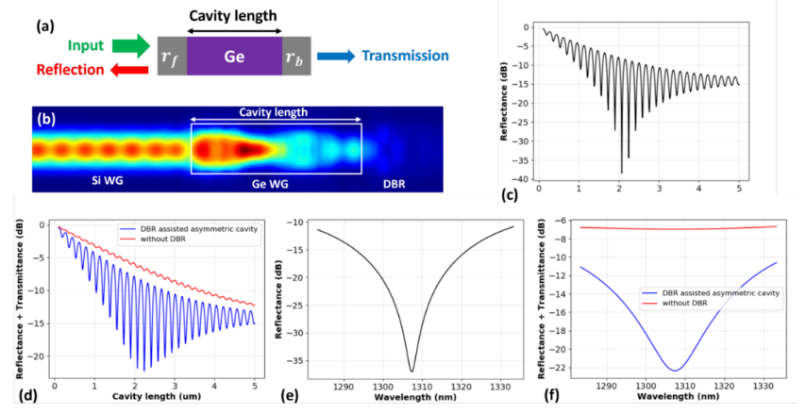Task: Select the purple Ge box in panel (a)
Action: [x=235, y=57]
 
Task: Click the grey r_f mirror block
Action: [x=172, y=57]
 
